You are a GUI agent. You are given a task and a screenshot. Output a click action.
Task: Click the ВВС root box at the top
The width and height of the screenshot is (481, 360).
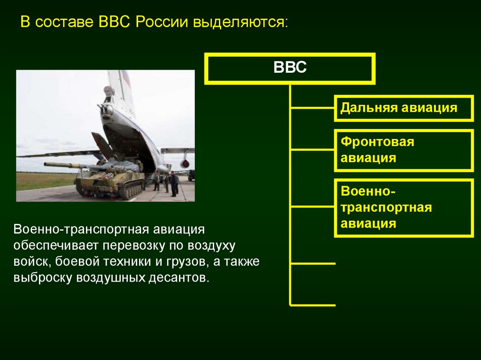(290, 69)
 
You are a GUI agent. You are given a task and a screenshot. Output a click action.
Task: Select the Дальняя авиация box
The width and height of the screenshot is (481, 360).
(403, 108)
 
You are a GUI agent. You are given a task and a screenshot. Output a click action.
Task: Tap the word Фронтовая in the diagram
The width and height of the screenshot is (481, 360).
(378, 142)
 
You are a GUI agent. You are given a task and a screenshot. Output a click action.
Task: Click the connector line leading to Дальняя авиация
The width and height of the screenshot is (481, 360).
(312, 108)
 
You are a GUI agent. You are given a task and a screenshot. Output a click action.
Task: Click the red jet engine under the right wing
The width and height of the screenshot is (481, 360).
(185, 164)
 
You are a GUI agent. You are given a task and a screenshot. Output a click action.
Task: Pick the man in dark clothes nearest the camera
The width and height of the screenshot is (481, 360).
(173, 184)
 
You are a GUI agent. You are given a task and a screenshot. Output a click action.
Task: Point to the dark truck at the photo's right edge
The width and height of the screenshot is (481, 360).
(191, 176)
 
